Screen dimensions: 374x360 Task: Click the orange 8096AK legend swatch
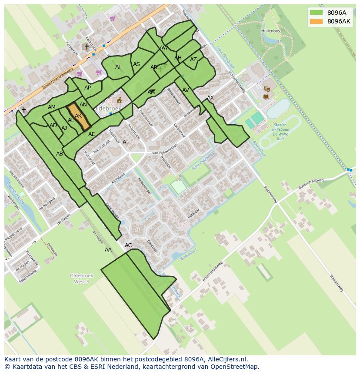(x=317, y=21)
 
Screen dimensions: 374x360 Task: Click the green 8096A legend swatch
(x=317, y=13)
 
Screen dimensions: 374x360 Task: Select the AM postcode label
(x=52, y=107)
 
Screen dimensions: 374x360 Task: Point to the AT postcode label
(x=118, y=67)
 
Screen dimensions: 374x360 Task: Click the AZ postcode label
(x=193, y=60)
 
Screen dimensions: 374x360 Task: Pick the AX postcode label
(x=210, y=98)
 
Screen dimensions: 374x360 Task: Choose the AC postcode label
(x=128, y=245)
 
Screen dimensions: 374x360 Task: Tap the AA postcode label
(x=108, y=250)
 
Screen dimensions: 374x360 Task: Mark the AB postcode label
(x=60, y=154)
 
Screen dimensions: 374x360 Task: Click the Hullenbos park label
(x=270, y=31)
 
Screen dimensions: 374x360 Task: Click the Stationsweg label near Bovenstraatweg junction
(x=270, y=194)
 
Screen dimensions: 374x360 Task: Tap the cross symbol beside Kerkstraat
(x=87, y=47)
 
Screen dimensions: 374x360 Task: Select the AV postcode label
(x=186, y=90)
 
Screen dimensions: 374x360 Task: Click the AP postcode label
(x=88, y=88)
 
